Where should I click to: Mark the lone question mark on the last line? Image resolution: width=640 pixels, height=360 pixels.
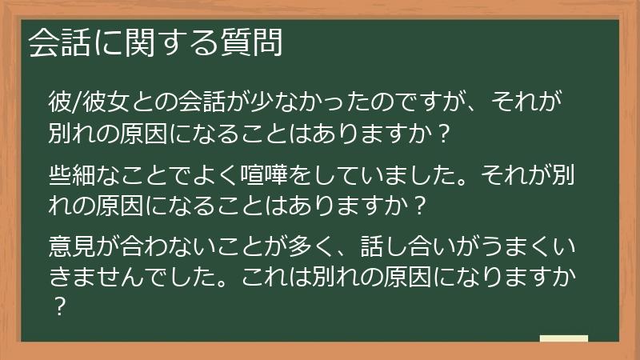click(x=58, y=307)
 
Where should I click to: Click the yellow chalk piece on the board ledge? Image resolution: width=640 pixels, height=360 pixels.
click(x=563, y=338)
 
